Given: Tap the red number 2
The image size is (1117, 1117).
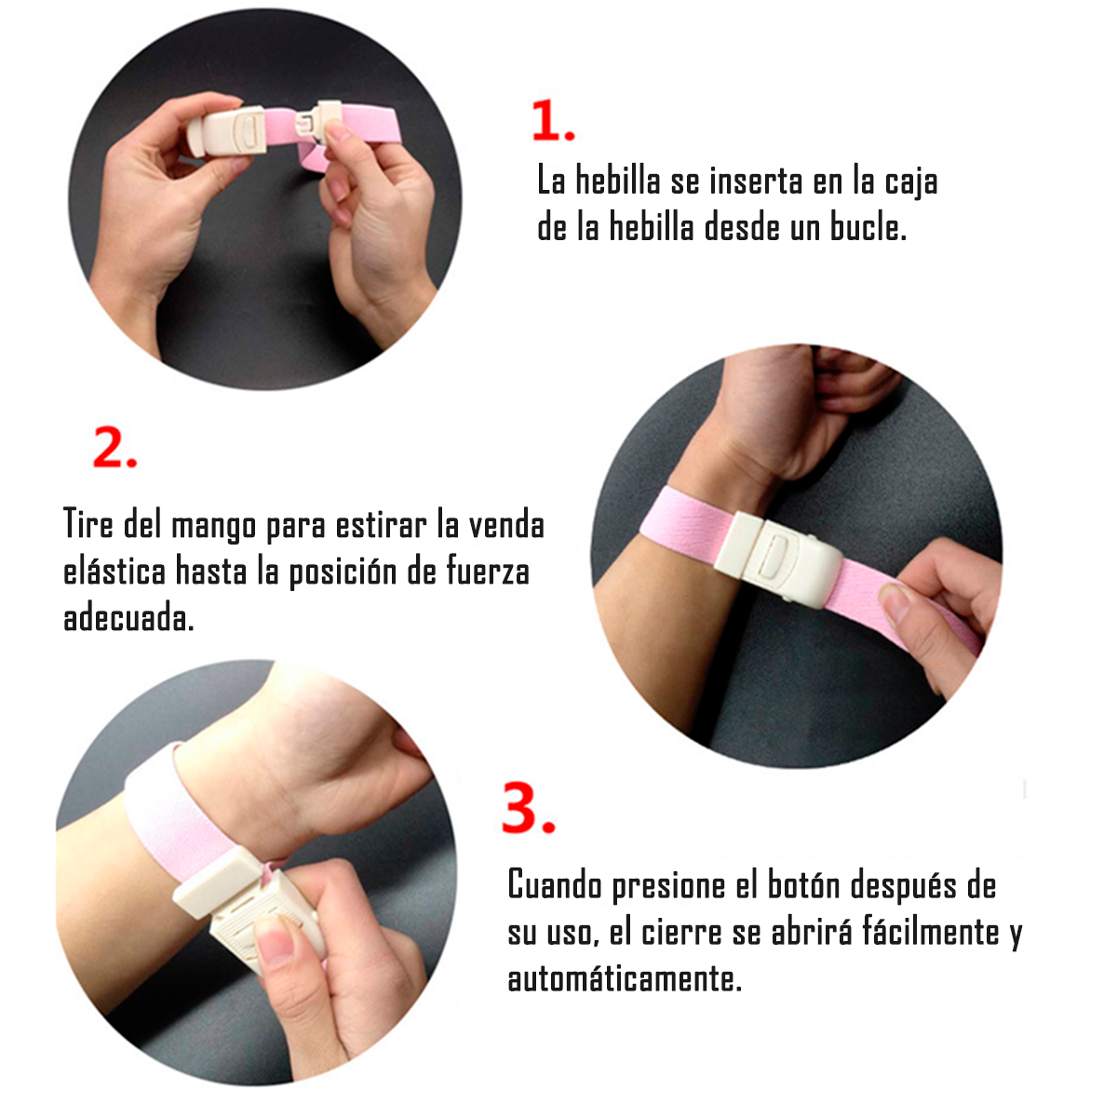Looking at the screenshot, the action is click(x=114, y=447).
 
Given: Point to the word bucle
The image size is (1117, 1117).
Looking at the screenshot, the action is click(x=868, y=227).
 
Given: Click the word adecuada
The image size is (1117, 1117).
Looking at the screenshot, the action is click(x=128, y=617).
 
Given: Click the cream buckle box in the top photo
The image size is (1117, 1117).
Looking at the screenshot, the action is click(x=227, y=131).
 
